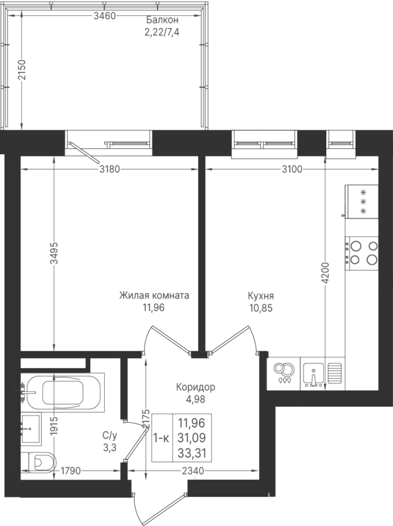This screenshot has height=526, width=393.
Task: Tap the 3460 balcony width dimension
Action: (105, 16)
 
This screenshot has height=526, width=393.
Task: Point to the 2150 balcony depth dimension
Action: (21, 70)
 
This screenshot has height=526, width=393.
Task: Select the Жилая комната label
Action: (154, 296)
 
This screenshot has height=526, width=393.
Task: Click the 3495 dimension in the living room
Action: (54, 252)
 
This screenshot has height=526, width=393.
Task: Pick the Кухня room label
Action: (261, 296)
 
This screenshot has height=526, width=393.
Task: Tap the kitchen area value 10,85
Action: (261, 308)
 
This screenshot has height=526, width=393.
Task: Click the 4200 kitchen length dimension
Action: (325, 274)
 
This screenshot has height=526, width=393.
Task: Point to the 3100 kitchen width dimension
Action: (292, 169)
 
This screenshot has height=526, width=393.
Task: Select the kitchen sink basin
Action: (313, 375)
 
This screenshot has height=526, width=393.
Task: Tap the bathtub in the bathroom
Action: (63, 391)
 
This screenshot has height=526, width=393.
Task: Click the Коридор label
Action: (196, 387)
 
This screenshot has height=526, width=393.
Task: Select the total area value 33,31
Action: (192, 454)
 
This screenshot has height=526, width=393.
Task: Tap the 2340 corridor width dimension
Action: (193, 471)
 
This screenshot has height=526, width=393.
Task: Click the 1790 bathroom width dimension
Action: (71, 471)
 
